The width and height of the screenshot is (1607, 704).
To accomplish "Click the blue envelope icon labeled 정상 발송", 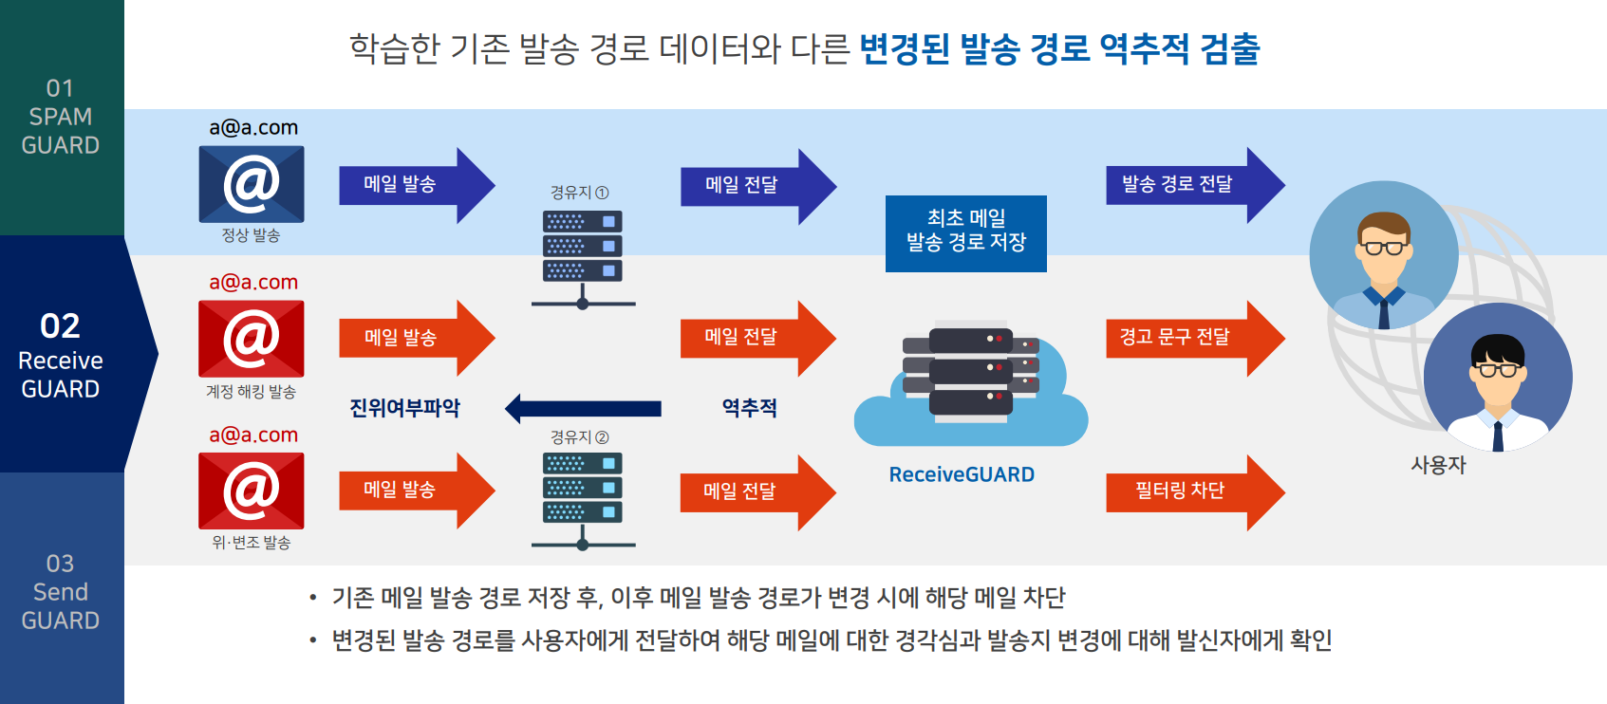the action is point(252,184).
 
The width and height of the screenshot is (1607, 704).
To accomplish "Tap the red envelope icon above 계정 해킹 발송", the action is point(252,339).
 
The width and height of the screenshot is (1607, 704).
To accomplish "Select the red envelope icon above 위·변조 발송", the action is point(252,491).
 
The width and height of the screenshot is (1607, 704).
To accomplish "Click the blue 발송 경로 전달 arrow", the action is point(1195,185).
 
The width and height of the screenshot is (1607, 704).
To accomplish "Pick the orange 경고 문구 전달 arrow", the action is point(1195,338).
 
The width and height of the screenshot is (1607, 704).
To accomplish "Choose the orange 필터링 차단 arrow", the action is point(1195,491).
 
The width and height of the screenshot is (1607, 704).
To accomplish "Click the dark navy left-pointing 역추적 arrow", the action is point(583,409).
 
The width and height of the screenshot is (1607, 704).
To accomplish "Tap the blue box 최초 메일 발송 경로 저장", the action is point(965,233).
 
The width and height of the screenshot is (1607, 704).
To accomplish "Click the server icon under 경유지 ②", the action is point(583,501).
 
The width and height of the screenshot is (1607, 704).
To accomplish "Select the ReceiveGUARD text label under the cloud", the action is point(962,474).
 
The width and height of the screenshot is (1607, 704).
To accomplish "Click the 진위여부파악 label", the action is point(404,408).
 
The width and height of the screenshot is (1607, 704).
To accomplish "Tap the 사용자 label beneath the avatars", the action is point(1438,465).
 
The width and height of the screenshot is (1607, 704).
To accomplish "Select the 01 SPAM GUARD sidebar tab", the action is point(62,118).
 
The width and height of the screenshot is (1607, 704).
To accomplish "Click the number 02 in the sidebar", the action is point(60,326).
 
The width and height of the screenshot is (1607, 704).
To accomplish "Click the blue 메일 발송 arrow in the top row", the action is point(417,185).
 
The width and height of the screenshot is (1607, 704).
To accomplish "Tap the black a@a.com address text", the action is point(253,127).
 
